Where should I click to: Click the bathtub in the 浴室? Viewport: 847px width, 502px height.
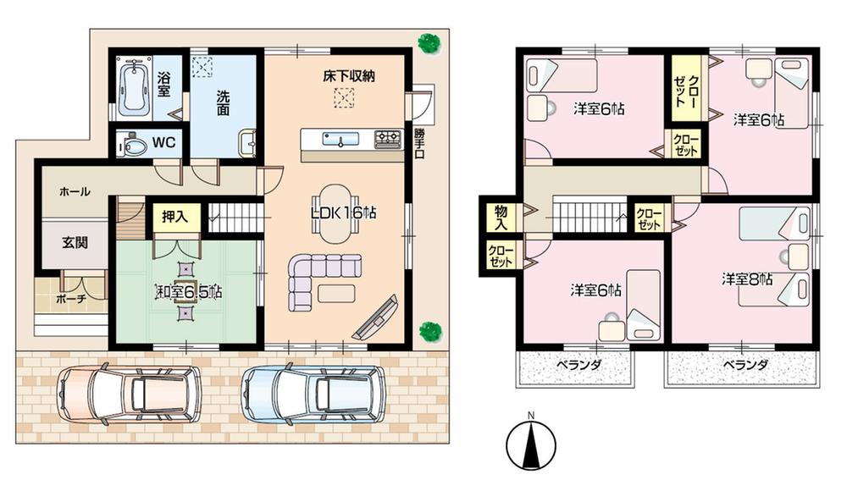[134, 87]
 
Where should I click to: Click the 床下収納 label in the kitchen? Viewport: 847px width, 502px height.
[348, 76]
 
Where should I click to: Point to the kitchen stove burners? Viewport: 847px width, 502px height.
[387, 137]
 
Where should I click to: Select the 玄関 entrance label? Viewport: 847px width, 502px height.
[73, 240]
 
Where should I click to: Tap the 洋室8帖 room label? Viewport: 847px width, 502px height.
[746, 279]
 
